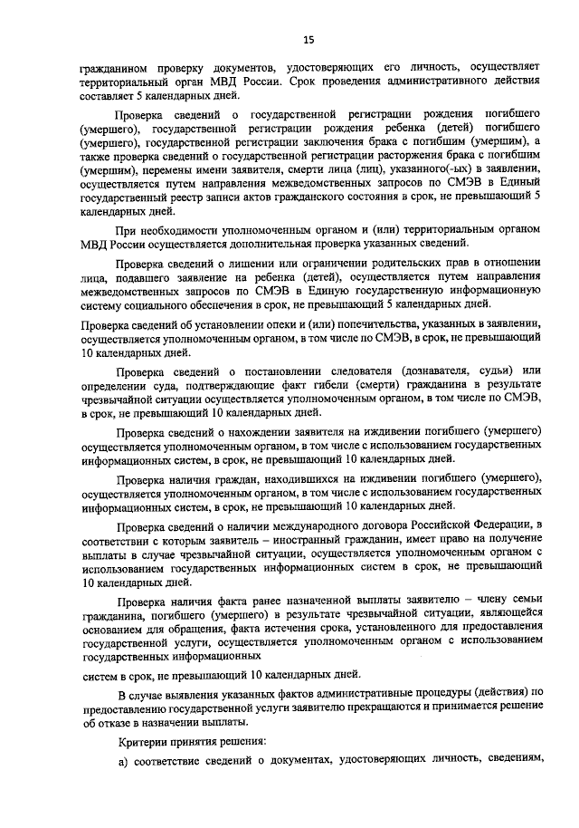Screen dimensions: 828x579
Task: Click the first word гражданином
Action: [113, 67]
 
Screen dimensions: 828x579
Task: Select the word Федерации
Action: [506, 523]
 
